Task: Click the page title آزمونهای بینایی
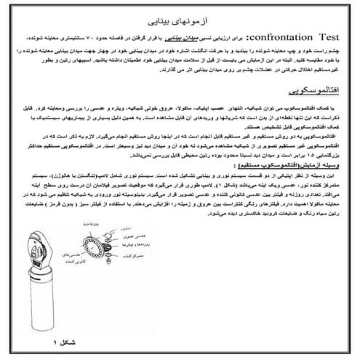pos(180,12)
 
